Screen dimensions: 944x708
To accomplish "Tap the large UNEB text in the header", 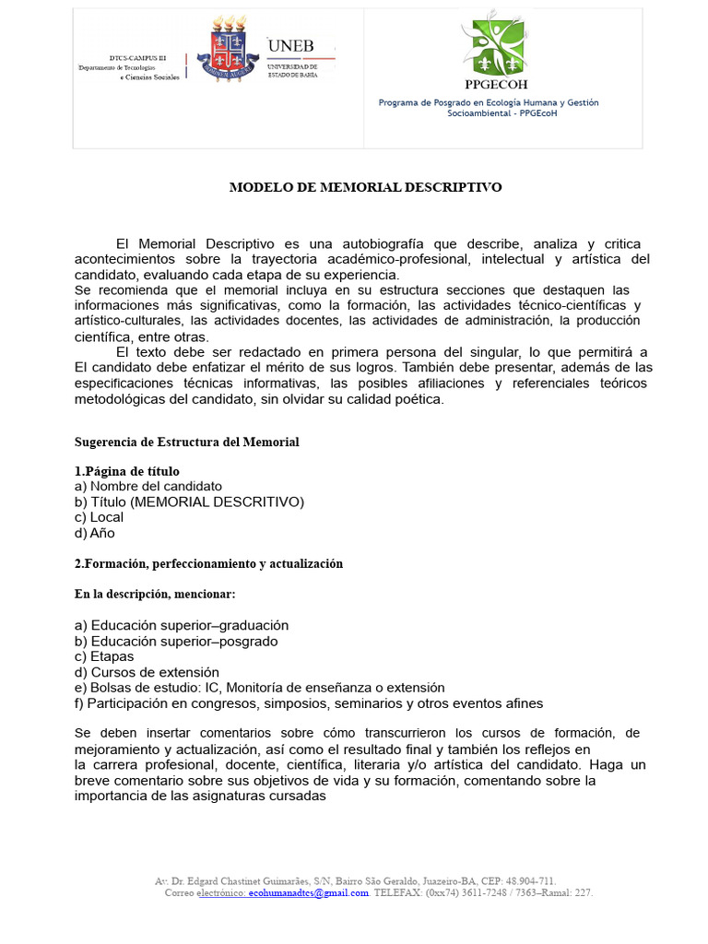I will (290, 45).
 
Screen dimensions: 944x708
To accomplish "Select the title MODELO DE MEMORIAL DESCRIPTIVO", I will (365, 187).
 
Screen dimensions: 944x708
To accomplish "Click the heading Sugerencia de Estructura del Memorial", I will (186, 442).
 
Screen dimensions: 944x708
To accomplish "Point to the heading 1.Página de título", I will (127, 471).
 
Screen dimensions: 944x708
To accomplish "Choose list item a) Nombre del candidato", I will (147, 486).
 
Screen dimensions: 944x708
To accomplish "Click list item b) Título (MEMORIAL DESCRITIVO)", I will (189, 501).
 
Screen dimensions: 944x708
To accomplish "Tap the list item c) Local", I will (99, 517).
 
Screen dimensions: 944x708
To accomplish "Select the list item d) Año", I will (95, 533).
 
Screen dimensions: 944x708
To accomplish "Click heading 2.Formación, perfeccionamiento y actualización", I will (208, 563).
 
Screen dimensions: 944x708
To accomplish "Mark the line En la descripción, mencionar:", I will (155, 594).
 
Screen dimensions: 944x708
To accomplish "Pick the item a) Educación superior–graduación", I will (182, 625).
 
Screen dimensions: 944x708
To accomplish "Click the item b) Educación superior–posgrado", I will (176, 641).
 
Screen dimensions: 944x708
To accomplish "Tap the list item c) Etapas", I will (104, 656).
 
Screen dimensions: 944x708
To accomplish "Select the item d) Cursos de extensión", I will (147, 672).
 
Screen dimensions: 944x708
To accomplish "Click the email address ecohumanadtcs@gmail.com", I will (308, 892).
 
